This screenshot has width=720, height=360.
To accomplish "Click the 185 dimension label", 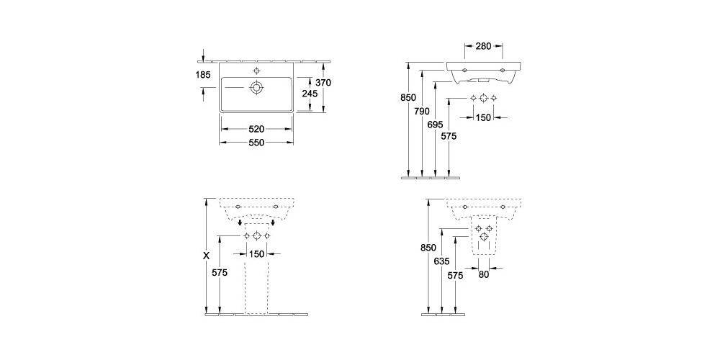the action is tap(202, 74).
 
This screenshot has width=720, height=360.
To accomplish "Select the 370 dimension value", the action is tap(324, 83).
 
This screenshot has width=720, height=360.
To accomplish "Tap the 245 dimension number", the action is tap(310, 93).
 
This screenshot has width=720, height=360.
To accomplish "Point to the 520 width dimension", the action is tap(256, 129).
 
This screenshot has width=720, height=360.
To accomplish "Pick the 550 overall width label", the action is tap(256, 143).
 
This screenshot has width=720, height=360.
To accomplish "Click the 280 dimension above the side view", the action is tap(483, 46).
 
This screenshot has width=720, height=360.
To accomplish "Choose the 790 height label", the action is tap(421, 111).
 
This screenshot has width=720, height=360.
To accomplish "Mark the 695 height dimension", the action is tap(435, 125).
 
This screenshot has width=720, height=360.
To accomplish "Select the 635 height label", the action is tap(442, 262).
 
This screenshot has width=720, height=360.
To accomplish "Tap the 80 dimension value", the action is tap(483, 274).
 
